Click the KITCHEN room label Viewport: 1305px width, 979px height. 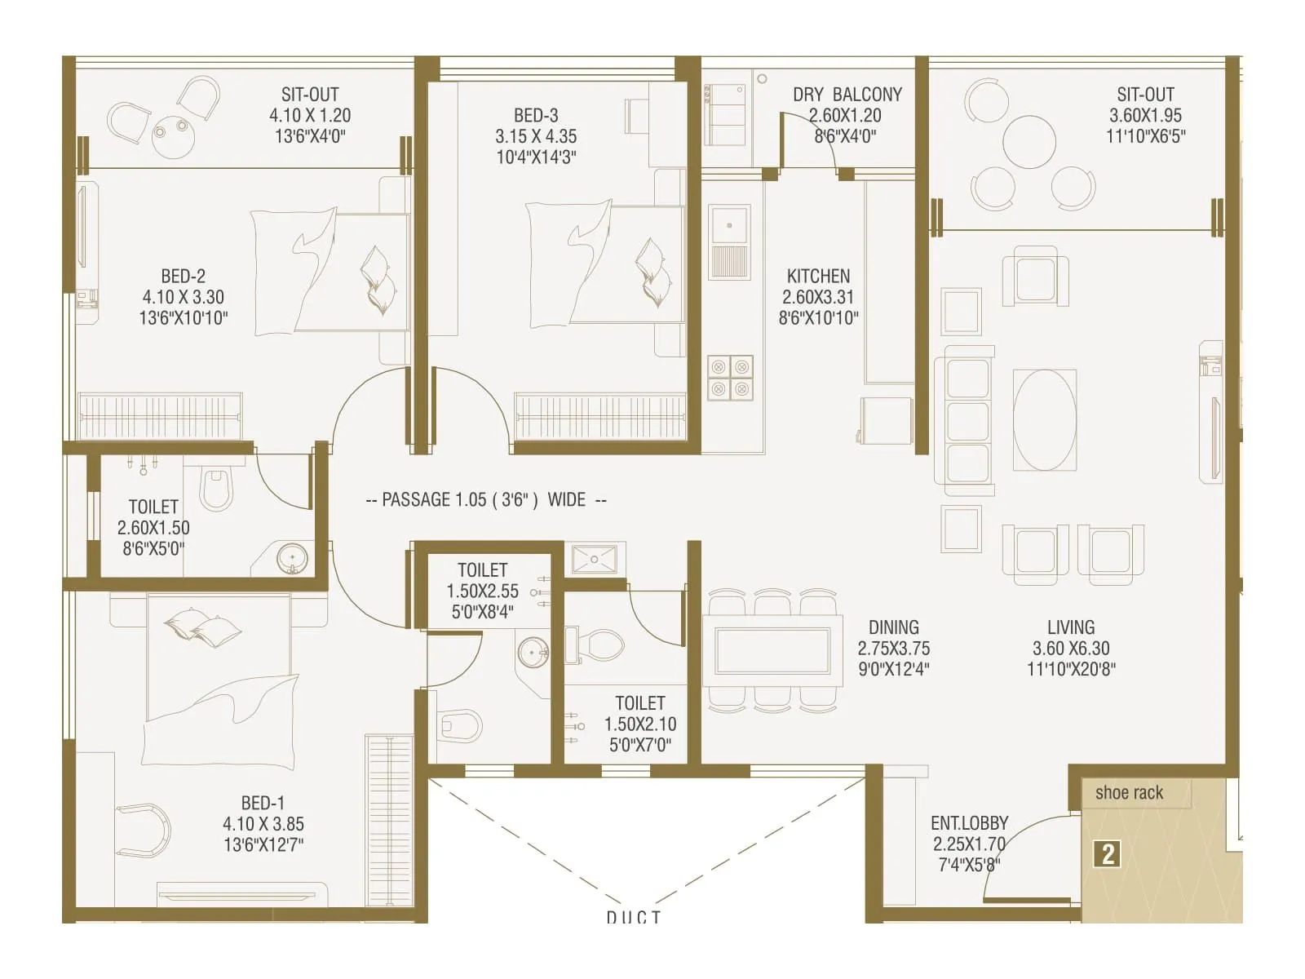coord(818,277)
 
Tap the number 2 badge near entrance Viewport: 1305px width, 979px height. coord(1108,854)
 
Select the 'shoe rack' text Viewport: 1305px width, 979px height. coord(1129,793)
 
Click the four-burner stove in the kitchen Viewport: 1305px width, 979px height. coord(730,378)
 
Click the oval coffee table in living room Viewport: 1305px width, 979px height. coord(1044,419)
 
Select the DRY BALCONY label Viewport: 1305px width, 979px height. coord(847,95)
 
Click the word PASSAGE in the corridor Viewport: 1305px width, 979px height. coord(417,499)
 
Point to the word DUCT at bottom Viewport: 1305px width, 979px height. coord(633,918)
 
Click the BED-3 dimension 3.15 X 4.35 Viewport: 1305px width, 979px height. coord(536,136)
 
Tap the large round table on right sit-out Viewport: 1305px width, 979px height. coord(1029,142)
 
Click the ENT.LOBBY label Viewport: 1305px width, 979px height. coord(969,823)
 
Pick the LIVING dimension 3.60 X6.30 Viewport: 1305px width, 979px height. coord(1071,649)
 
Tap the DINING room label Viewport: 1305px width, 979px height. coord(893,627)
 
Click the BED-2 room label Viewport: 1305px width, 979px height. coord(183,277)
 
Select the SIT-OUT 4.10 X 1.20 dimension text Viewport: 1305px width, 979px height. coord(310,116)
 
